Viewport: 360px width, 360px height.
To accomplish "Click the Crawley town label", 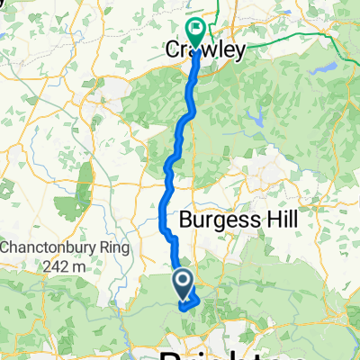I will (x=206, y=51).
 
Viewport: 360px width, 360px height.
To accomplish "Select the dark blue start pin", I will (x=182, y=285).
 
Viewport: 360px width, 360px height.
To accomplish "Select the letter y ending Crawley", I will (x=238, y=53).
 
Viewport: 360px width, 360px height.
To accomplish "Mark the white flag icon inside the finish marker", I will (x=195, y=27).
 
